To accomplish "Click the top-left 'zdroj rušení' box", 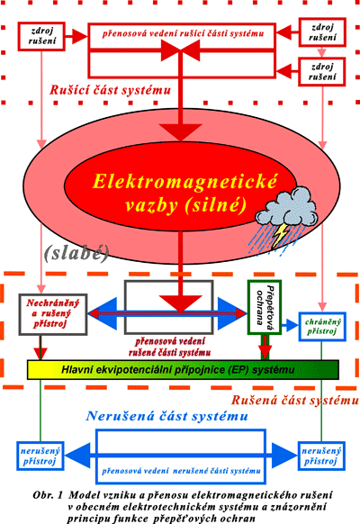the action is click(x=41, y=36).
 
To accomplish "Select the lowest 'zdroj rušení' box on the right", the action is click(x=321, y=72).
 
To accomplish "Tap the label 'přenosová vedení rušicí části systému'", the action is click(x=183, y=33).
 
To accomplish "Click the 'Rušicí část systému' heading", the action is click(x=110, y=90).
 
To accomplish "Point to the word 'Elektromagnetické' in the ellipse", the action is click(x=184, y=181).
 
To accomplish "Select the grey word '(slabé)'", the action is click(x=76, y=253).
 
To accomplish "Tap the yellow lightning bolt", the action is click(x=280, y=235).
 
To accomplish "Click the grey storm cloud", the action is click(x=286, y=206).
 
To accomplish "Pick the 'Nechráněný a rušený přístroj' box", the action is click(x=53, y=314).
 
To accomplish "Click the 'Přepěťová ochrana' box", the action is click(x=265, y=307).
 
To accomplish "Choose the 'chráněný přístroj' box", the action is click(x=322, y=327).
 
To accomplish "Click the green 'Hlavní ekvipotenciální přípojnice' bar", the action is click(x=183, y=370).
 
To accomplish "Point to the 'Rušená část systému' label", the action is click(x=295, y=400).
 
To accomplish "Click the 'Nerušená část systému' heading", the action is click(x=167, y=416).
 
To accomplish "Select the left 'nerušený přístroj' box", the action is click(x=40, y=456).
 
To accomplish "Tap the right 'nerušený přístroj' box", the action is click(x=321, y=456).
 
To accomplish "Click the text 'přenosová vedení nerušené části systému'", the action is click(x=181, y=471).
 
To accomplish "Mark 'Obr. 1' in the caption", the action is click(x=48, y=494).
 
